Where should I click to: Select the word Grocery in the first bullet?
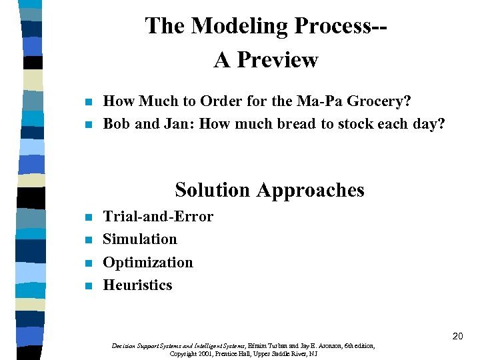point(381,101)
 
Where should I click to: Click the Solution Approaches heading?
point(269,190)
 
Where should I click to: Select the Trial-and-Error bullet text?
point(158,217)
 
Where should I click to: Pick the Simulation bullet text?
point(140,239)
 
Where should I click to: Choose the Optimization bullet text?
point(148,262)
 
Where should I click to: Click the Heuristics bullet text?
point(137,285)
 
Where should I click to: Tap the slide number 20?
point(457,336)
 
